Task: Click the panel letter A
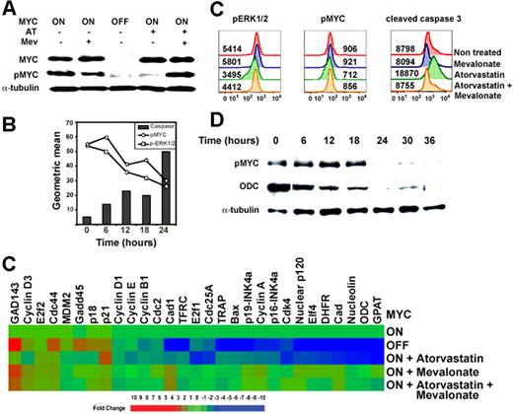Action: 9,9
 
